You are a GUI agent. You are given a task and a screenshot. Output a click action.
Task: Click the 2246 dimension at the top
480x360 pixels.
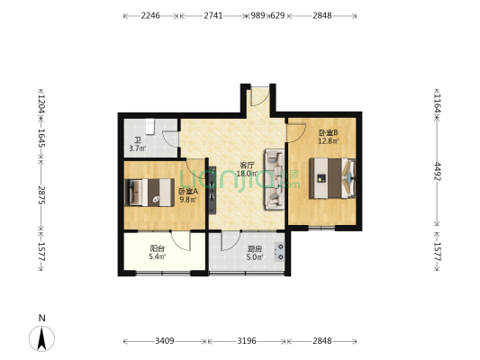tap(150, 16)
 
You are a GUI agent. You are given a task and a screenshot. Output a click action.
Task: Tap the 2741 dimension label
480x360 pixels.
tap(213, 16)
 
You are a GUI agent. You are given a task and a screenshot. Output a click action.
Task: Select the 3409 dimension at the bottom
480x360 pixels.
tap(164, 341)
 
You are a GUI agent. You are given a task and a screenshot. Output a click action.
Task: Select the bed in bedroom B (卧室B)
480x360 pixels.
tap(331, 178)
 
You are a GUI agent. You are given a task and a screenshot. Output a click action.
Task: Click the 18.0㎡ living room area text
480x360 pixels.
tap(247, 174)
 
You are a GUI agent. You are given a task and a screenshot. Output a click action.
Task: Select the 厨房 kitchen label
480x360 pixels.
tap(255, 248)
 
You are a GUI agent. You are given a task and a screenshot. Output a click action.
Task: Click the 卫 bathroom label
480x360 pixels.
tap(137, 139)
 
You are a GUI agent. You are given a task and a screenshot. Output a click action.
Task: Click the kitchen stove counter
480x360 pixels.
tap(282, 251)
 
